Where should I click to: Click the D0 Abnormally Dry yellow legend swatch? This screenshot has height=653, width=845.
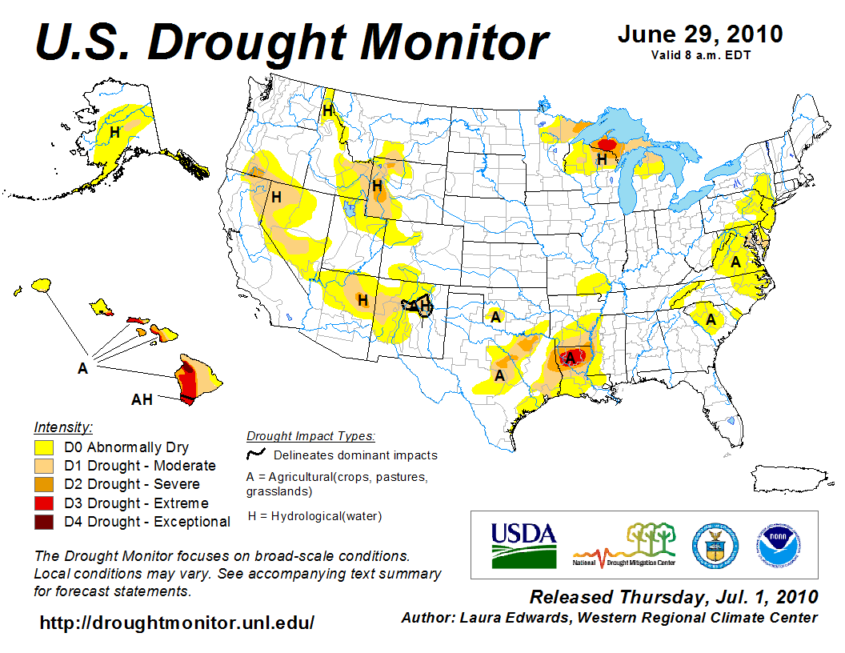(44, 447)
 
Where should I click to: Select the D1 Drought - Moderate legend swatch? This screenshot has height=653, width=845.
(44, 466)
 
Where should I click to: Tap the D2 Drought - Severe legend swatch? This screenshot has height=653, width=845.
(44, 484)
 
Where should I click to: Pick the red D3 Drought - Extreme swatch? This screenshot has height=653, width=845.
(44, 503)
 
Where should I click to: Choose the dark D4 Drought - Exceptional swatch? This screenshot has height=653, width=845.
(44, 522)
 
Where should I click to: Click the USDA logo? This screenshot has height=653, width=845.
(523, 544)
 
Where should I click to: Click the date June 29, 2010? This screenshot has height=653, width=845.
(699, 35)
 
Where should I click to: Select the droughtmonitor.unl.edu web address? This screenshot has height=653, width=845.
(177, 623)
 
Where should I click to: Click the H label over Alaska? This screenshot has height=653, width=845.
(115, 132)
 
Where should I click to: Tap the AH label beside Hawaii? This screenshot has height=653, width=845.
(142, 399)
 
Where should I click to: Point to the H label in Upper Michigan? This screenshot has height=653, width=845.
(602, 159)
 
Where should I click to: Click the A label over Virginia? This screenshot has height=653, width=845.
(735, 262)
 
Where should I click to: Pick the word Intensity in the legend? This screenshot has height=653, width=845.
(63, 427)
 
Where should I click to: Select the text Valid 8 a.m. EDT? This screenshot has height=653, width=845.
(700, 55)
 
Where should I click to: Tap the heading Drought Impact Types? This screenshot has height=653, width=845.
(310, 436)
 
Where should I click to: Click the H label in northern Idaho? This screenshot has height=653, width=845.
(328, 111)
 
